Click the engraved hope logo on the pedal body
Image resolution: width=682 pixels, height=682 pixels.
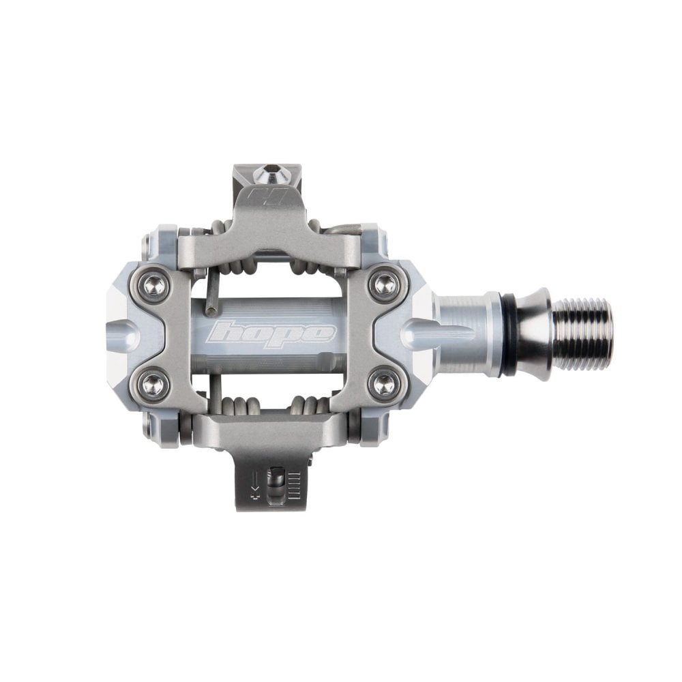point(273,332)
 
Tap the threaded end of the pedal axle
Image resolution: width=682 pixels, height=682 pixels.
point(582,333)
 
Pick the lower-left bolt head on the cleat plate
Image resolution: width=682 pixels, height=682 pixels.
point(154,384)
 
